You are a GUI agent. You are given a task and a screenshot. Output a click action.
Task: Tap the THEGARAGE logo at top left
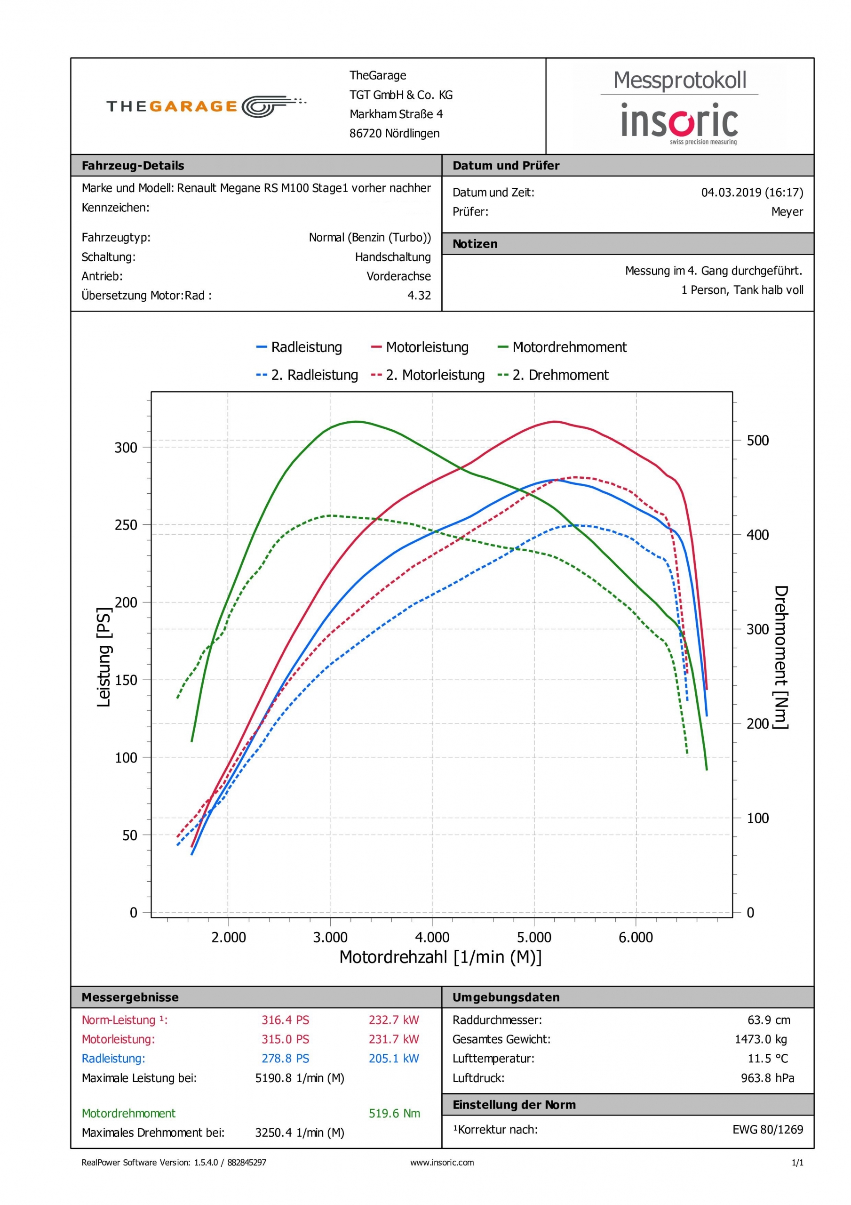(206, 106)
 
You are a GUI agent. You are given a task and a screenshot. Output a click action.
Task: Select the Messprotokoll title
(679, 80)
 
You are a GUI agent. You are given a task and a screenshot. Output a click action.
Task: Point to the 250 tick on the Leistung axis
(126, 525)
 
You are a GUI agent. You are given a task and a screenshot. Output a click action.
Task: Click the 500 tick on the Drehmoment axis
(757, 440)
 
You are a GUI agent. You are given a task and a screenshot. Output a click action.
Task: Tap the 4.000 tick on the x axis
(432, 937)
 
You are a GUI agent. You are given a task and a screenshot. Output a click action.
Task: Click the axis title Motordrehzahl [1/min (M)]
(440, 957)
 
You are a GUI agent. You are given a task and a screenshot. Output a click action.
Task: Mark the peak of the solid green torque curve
(356, 421)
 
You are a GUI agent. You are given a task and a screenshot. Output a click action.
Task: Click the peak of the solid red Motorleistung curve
(555, 421)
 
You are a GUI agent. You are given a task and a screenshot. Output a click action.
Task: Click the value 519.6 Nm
(394, 1113)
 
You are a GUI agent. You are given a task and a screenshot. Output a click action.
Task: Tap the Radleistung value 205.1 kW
(393, 1059)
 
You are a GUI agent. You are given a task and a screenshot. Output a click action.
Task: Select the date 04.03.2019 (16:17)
(752, 192)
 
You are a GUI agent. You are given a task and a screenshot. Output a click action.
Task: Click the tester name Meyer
(787, 211)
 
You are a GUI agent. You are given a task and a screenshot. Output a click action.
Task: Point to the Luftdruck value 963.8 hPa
(767, 1078)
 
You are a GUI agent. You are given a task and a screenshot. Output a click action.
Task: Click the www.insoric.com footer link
(442, 1163)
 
